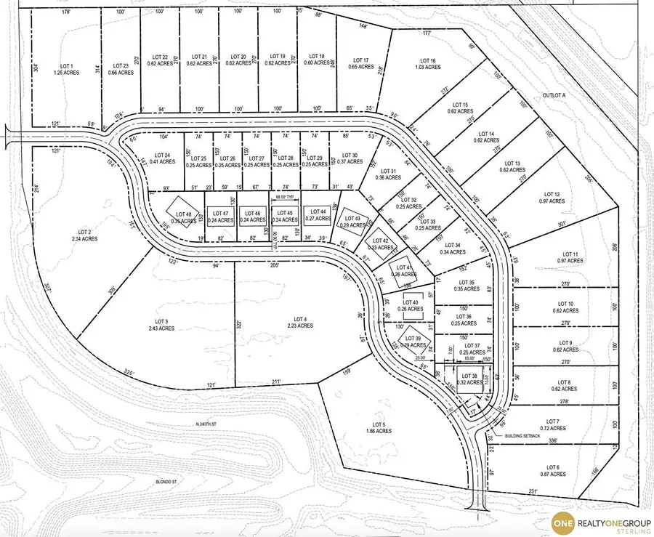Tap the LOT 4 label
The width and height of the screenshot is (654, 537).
point(301,319)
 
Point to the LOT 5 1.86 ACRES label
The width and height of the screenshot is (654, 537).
point(377,427)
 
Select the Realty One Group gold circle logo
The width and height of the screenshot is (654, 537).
point(563,522)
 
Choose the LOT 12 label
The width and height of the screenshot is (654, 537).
point(552,195)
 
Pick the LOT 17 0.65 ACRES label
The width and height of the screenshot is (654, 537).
point(361,64)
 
